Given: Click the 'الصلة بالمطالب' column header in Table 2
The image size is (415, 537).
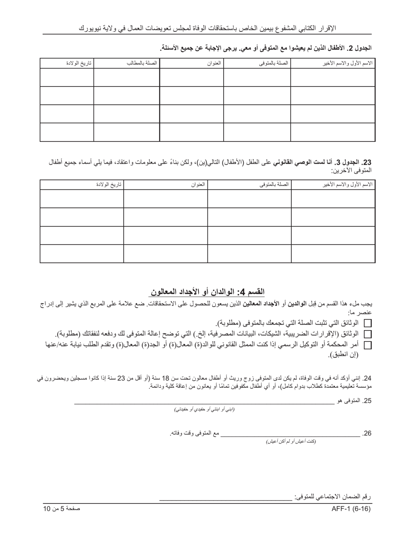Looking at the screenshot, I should [142, 63].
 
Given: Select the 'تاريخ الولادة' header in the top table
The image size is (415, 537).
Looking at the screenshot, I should [79, 63].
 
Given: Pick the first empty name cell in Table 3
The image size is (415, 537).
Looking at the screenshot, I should [333, 199].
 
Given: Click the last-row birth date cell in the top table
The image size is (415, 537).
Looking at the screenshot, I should [67, 132].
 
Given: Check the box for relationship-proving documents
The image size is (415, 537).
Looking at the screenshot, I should [367, 324].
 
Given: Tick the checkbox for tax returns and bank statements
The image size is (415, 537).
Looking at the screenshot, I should [367, 334].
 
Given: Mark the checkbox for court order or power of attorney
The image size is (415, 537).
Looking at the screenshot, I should [367, 345].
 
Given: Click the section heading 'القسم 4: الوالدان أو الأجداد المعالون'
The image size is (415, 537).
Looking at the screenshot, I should [207, 292].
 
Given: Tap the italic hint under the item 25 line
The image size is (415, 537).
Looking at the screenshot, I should [204, 410].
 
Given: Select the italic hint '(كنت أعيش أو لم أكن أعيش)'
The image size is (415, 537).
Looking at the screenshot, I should [291, 441].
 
